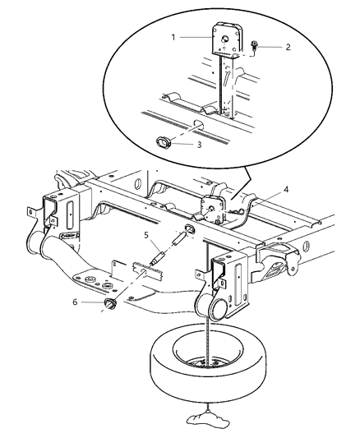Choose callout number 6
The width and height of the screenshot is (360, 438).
click(x=76, y=302)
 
